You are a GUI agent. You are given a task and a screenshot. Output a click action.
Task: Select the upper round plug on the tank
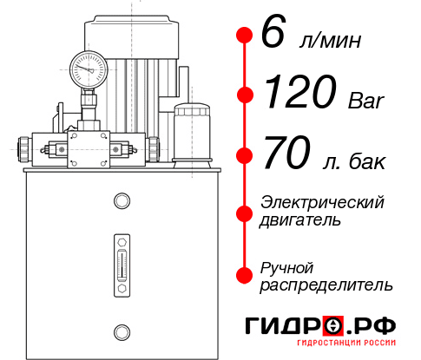point(121,202)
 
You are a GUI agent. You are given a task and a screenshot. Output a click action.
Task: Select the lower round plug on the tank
point(121,331)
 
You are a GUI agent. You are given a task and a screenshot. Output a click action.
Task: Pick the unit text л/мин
point(329,41)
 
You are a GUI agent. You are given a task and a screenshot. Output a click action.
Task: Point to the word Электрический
point(322,202)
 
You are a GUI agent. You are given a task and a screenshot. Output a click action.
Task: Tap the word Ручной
point(286,266)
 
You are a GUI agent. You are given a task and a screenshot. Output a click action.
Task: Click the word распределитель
point(326,285)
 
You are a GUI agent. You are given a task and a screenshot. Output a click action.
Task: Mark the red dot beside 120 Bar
point(245,94)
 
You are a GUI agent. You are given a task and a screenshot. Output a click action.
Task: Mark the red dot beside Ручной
point(245,274)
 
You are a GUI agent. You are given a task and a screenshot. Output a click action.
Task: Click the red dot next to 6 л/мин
point(245,35)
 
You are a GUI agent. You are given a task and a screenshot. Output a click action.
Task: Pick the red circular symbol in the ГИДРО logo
point(333,325)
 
